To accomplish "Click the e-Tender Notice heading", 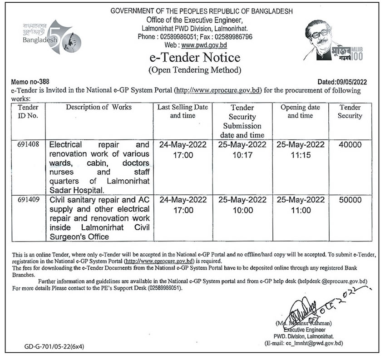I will [195, 58].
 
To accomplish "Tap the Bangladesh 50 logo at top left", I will [45, 37].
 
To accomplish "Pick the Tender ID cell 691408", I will [28, 145].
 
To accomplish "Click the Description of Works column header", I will [99, 107].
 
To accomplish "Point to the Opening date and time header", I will [300, 112].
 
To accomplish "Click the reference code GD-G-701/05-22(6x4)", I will [54, 346].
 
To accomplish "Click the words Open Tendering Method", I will [195, 70].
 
